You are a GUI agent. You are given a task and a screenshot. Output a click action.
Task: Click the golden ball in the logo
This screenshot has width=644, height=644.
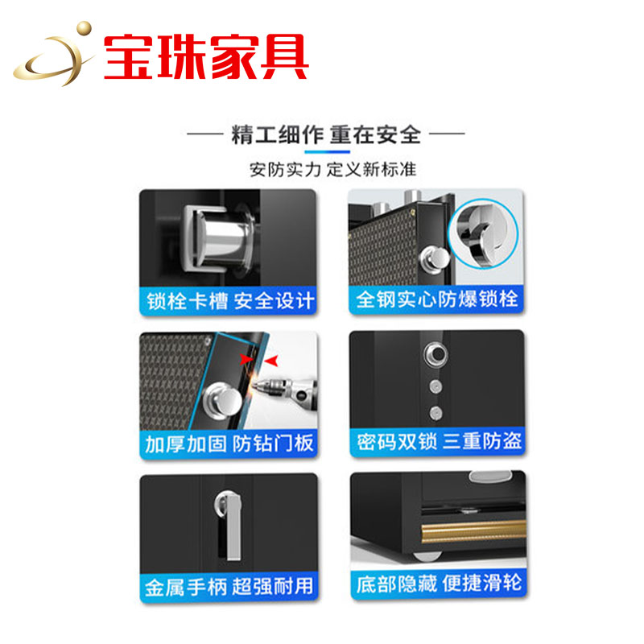[x=85, y=28]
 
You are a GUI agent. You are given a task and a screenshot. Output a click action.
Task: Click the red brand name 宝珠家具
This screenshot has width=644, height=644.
[x=206, y=56]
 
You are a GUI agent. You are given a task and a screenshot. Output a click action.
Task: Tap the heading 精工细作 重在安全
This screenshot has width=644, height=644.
[x=326, y=134]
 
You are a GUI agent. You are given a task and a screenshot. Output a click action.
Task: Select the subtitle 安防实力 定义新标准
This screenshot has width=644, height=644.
[x=332, y=170]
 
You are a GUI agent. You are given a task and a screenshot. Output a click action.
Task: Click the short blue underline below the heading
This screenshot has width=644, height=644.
[x=327, y=151]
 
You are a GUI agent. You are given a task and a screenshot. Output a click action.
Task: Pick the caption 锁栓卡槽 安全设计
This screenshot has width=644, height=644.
[x=230, y=301]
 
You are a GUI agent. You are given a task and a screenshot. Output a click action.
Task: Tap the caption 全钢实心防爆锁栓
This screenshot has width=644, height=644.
[x=437, y=299]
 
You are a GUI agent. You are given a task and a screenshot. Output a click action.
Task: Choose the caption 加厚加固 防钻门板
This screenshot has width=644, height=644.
[x=229, y=444]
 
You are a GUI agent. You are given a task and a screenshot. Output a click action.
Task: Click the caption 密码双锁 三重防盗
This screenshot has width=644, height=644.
[x=439, y=441]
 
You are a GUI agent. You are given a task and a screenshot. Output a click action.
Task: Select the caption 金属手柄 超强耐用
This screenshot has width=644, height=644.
[x=229, y=586]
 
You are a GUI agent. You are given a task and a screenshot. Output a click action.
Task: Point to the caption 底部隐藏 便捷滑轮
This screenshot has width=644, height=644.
[x=439, y=584]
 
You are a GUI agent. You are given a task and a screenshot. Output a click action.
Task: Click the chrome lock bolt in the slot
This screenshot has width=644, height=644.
[x=224, y=239]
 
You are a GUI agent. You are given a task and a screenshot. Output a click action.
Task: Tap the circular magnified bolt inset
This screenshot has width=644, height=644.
[x=483, y=233]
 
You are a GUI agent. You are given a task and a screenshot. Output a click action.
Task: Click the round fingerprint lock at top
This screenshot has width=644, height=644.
[x=436, y=354]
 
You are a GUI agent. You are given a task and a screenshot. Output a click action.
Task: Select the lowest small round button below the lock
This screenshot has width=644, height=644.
[x=436, y=412]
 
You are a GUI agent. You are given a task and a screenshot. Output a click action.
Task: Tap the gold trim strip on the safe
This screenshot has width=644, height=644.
[x=473, y=531]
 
